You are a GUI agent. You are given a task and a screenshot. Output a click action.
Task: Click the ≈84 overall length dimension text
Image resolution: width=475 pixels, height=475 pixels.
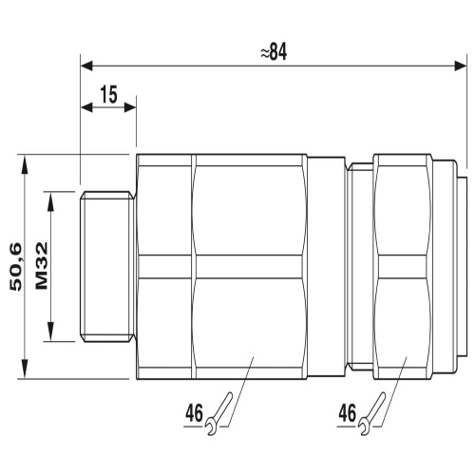(274, 52)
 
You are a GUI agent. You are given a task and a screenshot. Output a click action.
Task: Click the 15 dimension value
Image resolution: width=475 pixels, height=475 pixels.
(109, 94)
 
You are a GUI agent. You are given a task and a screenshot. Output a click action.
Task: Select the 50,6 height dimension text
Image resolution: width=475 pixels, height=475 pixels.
(16, 267)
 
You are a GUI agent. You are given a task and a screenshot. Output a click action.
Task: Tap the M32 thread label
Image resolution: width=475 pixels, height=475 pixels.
(42, 266)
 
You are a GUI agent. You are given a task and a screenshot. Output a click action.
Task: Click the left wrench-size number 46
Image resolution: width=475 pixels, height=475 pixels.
(194, 413)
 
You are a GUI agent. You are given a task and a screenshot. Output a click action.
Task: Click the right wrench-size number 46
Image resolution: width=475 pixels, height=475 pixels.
(347, 413)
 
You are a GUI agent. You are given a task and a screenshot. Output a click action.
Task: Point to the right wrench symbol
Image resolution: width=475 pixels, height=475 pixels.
(372, 413)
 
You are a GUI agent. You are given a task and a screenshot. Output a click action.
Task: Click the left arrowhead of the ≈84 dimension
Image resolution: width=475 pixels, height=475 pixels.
(86, 66)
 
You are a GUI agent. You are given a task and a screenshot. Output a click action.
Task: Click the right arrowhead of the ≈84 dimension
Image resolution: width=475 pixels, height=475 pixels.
(461, 66)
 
